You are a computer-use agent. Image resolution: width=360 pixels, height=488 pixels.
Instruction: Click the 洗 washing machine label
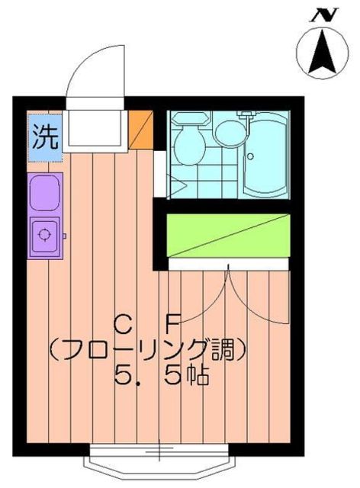pos(44,136)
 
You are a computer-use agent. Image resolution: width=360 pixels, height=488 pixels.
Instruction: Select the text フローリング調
pos(147,351)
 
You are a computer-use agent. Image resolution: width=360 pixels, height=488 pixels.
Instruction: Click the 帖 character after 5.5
pos(199,377)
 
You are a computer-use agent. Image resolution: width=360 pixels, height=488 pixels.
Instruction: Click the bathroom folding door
pos(165,180)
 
